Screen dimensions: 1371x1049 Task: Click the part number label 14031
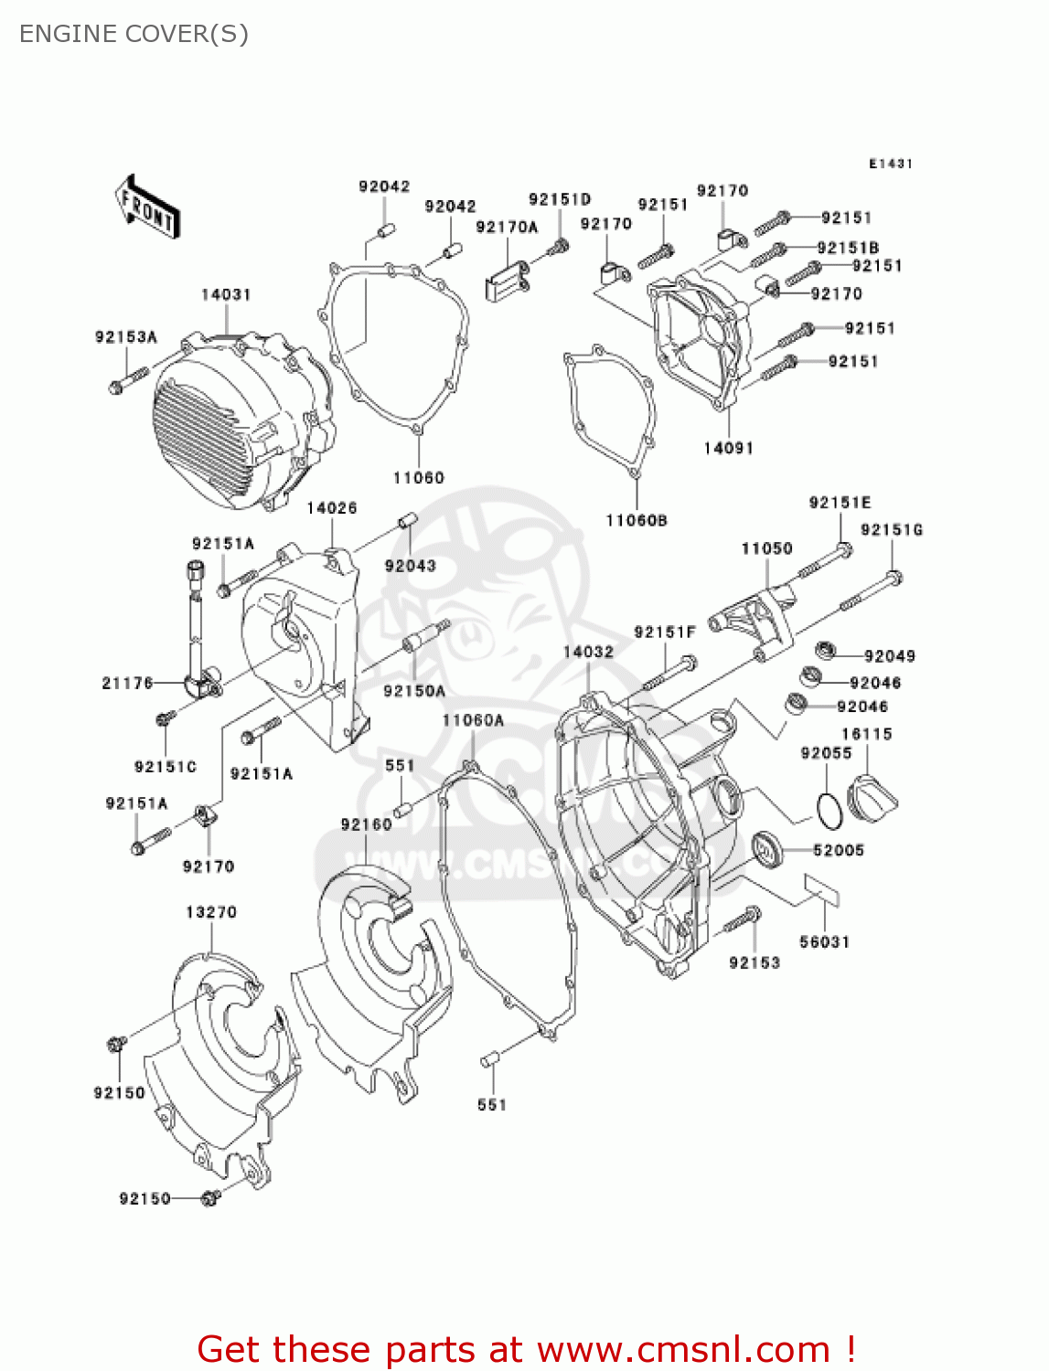point(226,294)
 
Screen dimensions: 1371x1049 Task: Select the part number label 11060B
point(637,520)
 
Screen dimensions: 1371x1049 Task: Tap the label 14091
point(728,448)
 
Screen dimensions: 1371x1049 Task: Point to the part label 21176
point(127,683)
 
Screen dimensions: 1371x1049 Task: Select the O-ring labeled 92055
point(828,808)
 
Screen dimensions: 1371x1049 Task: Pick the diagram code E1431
point(891,164)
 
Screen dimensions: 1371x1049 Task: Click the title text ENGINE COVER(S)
point(134,34)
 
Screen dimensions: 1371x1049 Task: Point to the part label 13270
point(211,912)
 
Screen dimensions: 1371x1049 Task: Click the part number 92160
point(366,824)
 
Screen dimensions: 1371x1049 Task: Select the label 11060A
point(473,720)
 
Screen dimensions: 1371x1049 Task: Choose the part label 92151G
point(892,530)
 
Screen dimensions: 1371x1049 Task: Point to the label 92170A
point(507,228)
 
